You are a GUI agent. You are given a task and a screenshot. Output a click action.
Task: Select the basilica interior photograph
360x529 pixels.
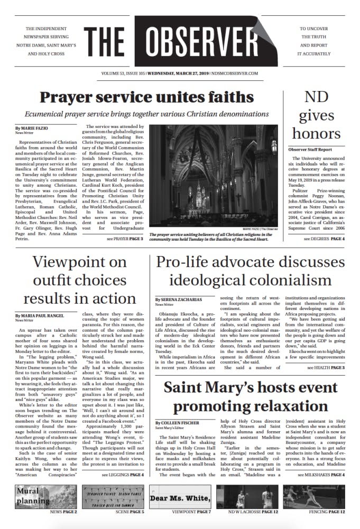[214, 178]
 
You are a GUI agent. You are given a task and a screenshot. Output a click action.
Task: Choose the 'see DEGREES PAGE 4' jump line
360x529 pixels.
[324, 239]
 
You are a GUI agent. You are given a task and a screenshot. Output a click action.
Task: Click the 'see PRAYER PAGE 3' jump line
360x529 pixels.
[125, 239]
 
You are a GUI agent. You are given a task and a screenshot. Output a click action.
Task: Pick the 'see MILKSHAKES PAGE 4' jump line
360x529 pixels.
[321, 475]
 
